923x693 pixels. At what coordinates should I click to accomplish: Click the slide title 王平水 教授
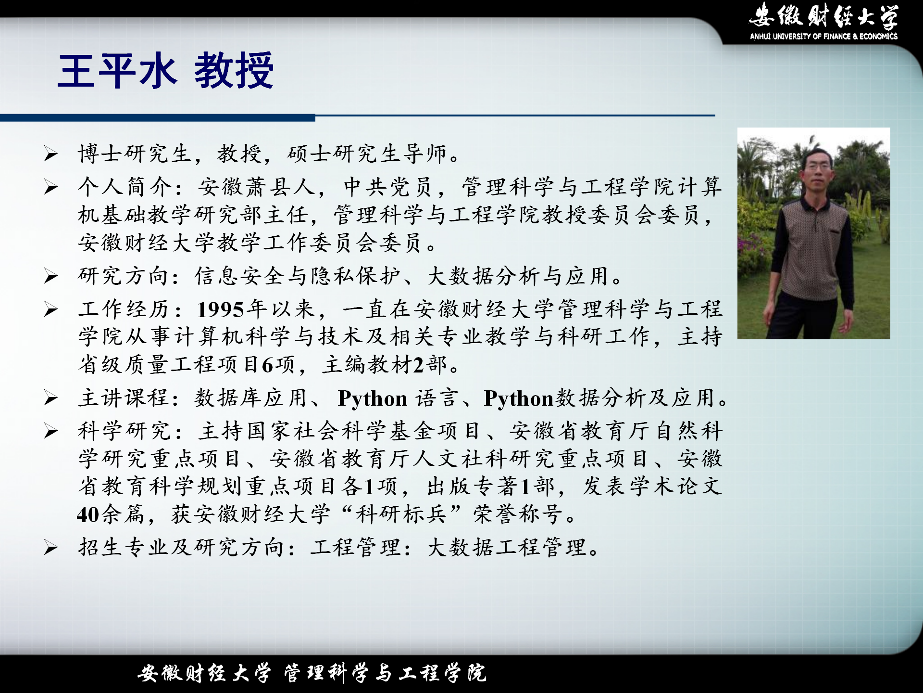click(x=166, y=71)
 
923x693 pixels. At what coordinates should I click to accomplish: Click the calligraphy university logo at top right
click(x=823, y=15)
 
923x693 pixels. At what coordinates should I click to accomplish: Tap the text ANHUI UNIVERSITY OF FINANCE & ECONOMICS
click(x=823, y=36)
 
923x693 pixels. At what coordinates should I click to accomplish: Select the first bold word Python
click(x=373, y=398)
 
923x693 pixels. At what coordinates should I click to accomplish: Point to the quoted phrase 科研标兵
click(x=401, y=514)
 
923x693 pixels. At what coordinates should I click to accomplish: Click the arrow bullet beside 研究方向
click(x=51, y=276)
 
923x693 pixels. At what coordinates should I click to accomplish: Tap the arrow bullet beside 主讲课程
click(x=51, y=398)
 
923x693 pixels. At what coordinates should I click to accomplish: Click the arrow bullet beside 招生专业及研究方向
click(x=51, y=548)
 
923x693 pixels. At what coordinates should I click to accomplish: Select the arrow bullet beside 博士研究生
click(x=51, y=154)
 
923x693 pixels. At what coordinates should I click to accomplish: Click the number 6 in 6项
click(x=267, y=365)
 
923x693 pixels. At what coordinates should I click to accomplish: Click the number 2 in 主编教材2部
click(x=418, y=365)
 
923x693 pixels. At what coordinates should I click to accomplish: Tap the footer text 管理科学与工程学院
click(x=385, y=673)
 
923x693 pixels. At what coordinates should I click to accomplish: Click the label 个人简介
click(x=125, y=187)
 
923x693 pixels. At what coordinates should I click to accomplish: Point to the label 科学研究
click(x=125, y=431)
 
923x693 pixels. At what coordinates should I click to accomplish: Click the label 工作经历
click(x=125, y=309)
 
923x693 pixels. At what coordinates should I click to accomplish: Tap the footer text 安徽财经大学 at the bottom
click(x=204, y=673)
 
